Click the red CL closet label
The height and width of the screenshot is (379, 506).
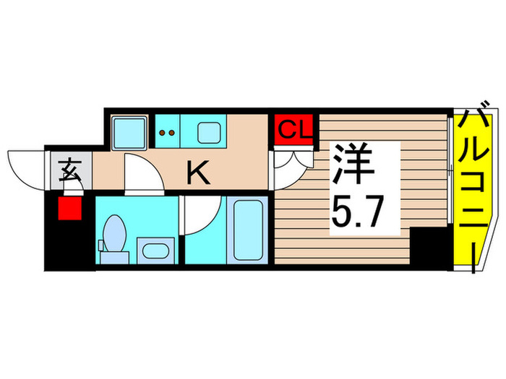[294, 131]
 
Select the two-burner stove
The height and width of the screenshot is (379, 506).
[167, 133]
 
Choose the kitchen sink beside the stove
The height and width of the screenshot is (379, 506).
[210, 132]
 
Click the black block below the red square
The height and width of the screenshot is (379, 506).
[69, 245]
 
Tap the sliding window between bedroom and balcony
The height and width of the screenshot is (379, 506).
[453, 191]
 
